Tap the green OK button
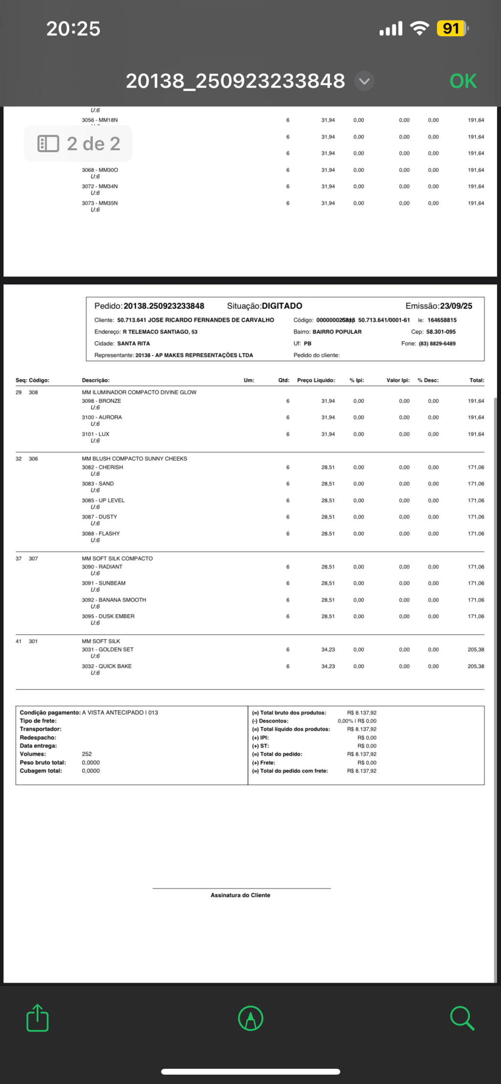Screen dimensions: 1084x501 pos(463,81)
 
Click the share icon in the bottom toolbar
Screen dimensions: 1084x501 pos(38,1018)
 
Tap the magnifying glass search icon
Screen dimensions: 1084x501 pos(462,1018)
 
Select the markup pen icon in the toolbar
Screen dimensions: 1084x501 pos(250,1018)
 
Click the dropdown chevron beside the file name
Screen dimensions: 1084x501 pos(364,81)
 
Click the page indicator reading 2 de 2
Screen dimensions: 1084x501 pos(78,144)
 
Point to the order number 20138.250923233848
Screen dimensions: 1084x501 pos(163,306)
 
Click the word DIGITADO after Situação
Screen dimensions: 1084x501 pos(282,306)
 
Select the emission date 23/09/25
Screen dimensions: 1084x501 pos(455,306)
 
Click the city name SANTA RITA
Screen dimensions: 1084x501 pos(134,344)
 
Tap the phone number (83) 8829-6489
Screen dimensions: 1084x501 pos(437,344)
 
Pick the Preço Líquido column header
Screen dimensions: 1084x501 pos(316,380)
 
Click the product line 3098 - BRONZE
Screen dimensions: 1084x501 pos(101,401)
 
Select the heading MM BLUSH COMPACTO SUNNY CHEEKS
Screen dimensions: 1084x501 pos(134,459)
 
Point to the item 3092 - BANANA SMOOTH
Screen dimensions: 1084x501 pos(114,600)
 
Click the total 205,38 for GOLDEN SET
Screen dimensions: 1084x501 pos(476,649)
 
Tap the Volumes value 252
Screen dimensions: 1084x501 pos(87,754)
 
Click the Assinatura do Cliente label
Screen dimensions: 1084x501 pos(240,895)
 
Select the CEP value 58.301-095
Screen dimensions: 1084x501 pos(440,332)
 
